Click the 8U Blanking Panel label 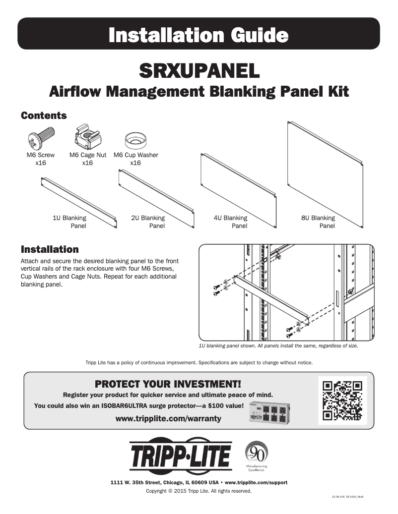pyautogui.click(x=318, y=222)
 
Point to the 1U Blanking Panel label pyautogui.click(x=69, y=222)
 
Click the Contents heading pyautogui.click(x=44, y=115)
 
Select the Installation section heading pyautogui.click(x=49, y=249)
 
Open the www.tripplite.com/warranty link pyautogui.click(x=168, y=418)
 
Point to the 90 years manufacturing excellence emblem pyautogui.click(x=257, y=455)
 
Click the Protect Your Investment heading pyautogui.click(x=168, y=384)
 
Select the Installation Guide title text pyautogui.click(x=199, y=35)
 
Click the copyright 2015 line pyautogui.click(x=199, y=491)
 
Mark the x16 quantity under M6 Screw pyautogui.click(x=41, y=163)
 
